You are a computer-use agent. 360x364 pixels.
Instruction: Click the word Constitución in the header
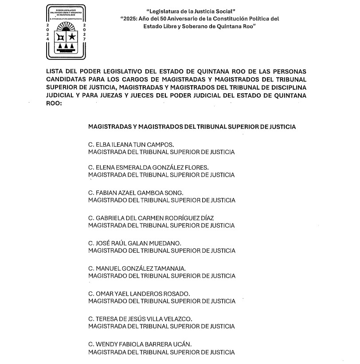(x=230, y=19)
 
